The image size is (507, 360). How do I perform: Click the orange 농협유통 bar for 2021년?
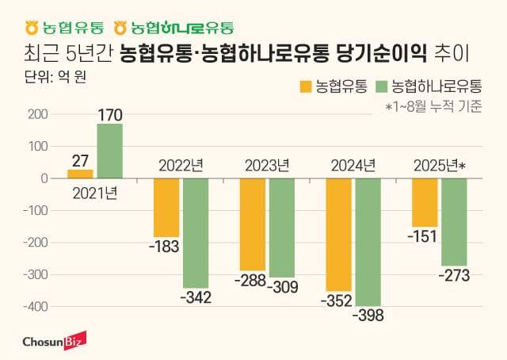coord(80,174)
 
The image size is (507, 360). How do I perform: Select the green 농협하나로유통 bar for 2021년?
coord(109,151)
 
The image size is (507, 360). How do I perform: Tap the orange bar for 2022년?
coord(166,207)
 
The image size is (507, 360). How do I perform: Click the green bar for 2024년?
coord(367,242)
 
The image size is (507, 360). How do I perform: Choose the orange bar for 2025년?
coord(425,202)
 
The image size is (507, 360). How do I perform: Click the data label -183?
coord(164,247)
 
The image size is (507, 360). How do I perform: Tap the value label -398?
coord(366,316)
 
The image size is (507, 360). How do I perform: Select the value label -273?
coord(453,275)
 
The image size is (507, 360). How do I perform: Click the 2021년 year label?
coord(94,192)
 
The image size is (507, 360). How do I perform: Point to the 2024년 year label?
coord(353,167)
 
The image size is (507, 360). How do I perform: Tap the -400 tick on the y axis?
coord(35,306)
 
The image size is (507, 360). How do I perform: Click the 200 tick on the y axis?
coord(36,114)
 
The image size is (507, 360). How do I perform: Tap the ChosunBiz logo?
coord(51,340)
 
